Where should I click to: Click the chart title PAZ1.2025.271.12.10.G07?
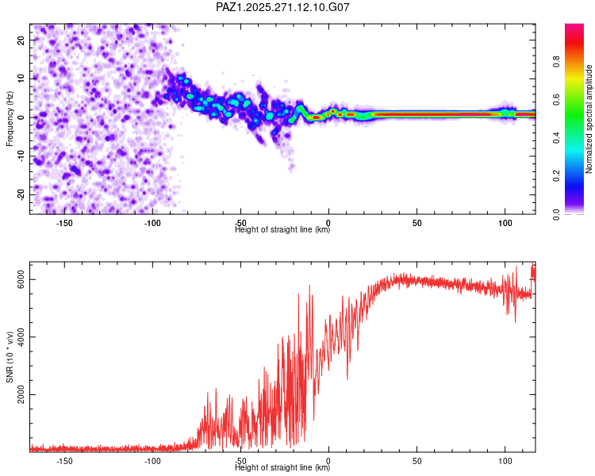click(282, 7)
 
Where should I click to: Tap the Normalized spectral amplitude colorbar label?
click(589, 119)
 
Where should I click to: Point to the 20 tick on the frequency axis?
click(21, 40)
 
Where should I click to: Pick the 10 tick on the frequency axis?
click(21, 79)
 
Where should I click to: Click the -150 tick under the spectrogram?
click(64, 223)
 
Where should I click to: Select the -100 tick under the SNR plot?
click(152, 461)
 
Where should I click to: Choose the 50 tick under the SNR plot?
click(416, 461)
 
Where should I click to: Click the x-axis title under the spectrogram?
click(282, 230)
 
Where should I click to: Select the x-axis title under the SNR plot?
click(282, 468)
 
